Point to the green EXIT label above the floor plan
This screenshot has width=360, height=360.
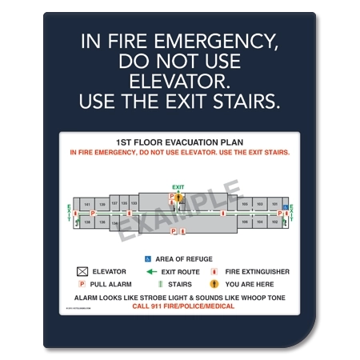tap(178, 187)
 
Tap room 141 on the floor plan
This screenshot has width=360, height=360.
tap(88, 204)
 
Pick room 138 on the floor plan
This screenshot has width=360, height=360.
tap(102, 222)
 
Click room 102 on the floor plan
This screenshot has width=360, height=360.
tap(274, 222)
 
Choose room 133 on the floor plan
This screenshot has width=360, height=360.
tap(134, 204)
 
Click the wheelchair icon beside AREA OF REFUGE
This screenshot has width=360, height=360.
tap(148, 258)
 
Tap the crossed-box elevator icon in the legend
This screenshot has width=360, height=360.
tap(82, 272)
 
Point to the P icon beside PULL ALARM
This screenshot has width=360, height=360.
tap(82, 284)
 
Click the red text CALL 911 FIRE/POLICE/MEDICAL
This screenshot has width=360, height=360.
tap(178, 306)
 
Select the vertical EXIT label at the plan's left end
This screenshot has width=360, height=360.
tap(70, 213)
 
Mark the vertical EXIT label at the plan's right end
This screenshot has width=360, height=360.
tap(291, 213)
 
